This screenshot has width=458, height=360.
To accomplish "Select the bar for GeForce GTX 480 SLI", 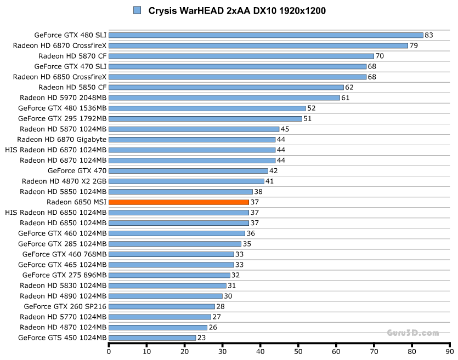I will [266, 35].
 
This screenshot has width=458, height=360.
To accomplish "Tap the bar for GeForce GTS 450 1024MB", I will [152, 338].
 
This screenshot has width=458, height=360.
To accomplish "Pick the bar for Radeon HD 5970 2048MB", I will [224, 98].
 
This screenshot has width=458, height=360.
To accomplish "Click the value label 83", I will [429, 35].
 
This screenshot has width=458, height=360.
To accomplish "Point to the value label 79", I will [414, 45].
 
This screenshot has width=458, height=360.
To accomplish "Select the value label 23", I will [201, 338].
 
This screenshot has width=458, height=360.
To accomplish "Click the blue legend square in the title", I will [137, 10].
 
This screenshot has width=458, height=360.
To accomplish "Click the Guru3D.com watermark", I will [413, 333].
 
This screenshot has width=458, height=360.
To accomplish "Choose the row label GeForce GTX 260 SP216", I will [65, 306].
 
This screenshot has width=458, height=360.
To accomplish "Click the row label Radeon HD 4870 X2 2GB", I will [64, 181].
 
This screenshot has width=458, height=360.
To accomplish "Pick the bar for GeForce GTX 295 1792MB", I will [206, 118].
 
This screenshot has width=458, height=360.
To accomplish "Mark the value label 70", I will [380, 56].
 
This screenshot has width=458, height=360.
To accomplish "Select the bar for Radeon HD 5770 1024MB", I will [160, 317].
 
